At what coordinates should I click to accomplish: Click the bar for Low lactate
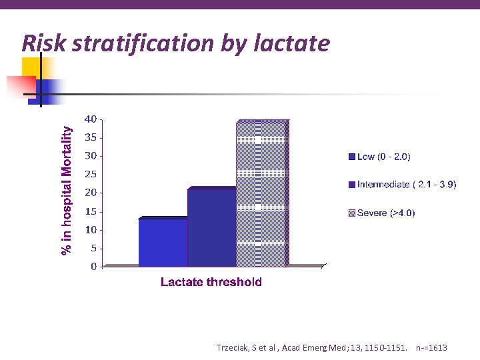(x=163, y=243)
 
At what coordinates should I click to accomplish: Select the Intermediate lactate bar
(x=212, y=228)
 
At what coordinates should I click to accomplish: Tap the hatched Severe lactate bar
(x=261, y=194)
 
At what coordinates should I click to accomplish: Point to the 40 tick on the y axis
(x=90, y=119)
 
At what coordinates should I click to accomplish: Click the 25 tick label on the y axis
(x=90, y=175)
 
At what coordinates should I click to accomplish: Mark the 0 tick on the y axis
(x=93, y=267)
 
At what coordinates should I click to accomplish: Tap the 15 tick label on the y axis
(x=90, y=211)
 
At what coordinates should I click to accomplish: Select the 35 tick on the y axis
(x=90, y=138)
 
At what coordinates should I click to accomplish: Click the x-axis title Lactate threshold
(x=211, y=282)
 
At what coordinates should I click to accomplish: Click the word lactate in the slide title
(x=291, y=43)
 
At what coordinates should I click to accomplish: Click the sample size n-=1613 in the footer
(x=431, y=348)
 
